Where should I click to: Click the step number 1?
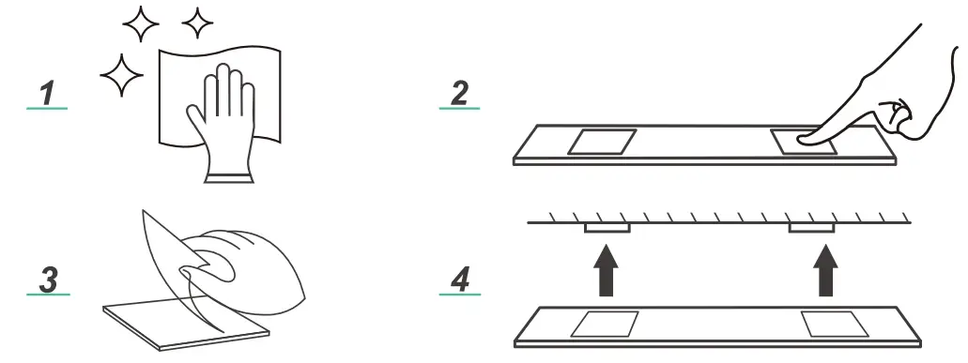(48, 93)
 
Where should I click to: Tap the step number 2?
(460, 93)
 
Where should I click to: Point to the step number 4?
(460, 280)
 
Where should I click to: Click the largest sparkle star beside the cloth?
(122, 75)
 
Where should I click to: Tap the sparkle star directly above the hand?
(197, 23)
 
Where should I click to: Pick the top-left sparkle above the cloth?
(141, 24)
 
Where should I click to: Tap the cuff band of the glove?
(229, 177)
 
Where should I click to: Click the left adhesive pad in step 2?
(602, 142)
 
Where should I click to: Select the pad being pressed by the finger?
(805, 142)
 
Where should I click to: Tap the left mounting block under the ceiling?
(607, 228)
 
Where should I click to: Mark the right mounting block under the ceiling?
(812, 228)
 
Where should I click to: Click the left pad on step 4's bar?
(605, 325)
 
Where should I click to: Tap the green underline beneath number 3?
(48, 294)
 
